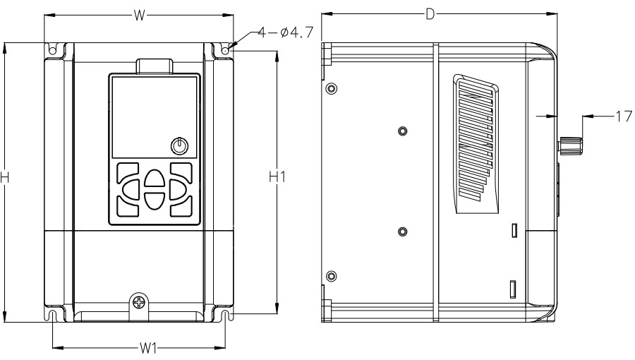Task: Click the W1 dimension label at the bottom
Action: pos(147,348)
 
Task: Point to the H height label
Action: pos(5,178)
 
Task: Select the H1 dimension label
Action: pos(277,178)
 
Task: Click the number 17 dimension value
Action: pos(624,116)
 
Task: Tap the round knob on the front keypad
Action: pos(180,145)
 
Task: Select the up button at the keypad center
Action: pos(153,179)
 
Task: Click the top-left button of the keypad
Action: pos(128,174)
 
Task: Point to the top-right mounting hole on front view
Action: pos(224,51)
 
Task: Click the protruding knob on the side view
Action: pos(570,145)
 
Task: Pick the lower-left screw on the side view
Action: pos(332,275)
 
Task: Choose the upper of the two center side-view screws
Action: pos(402,131)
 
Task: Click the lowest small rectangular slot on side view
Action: pos(514,288)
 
